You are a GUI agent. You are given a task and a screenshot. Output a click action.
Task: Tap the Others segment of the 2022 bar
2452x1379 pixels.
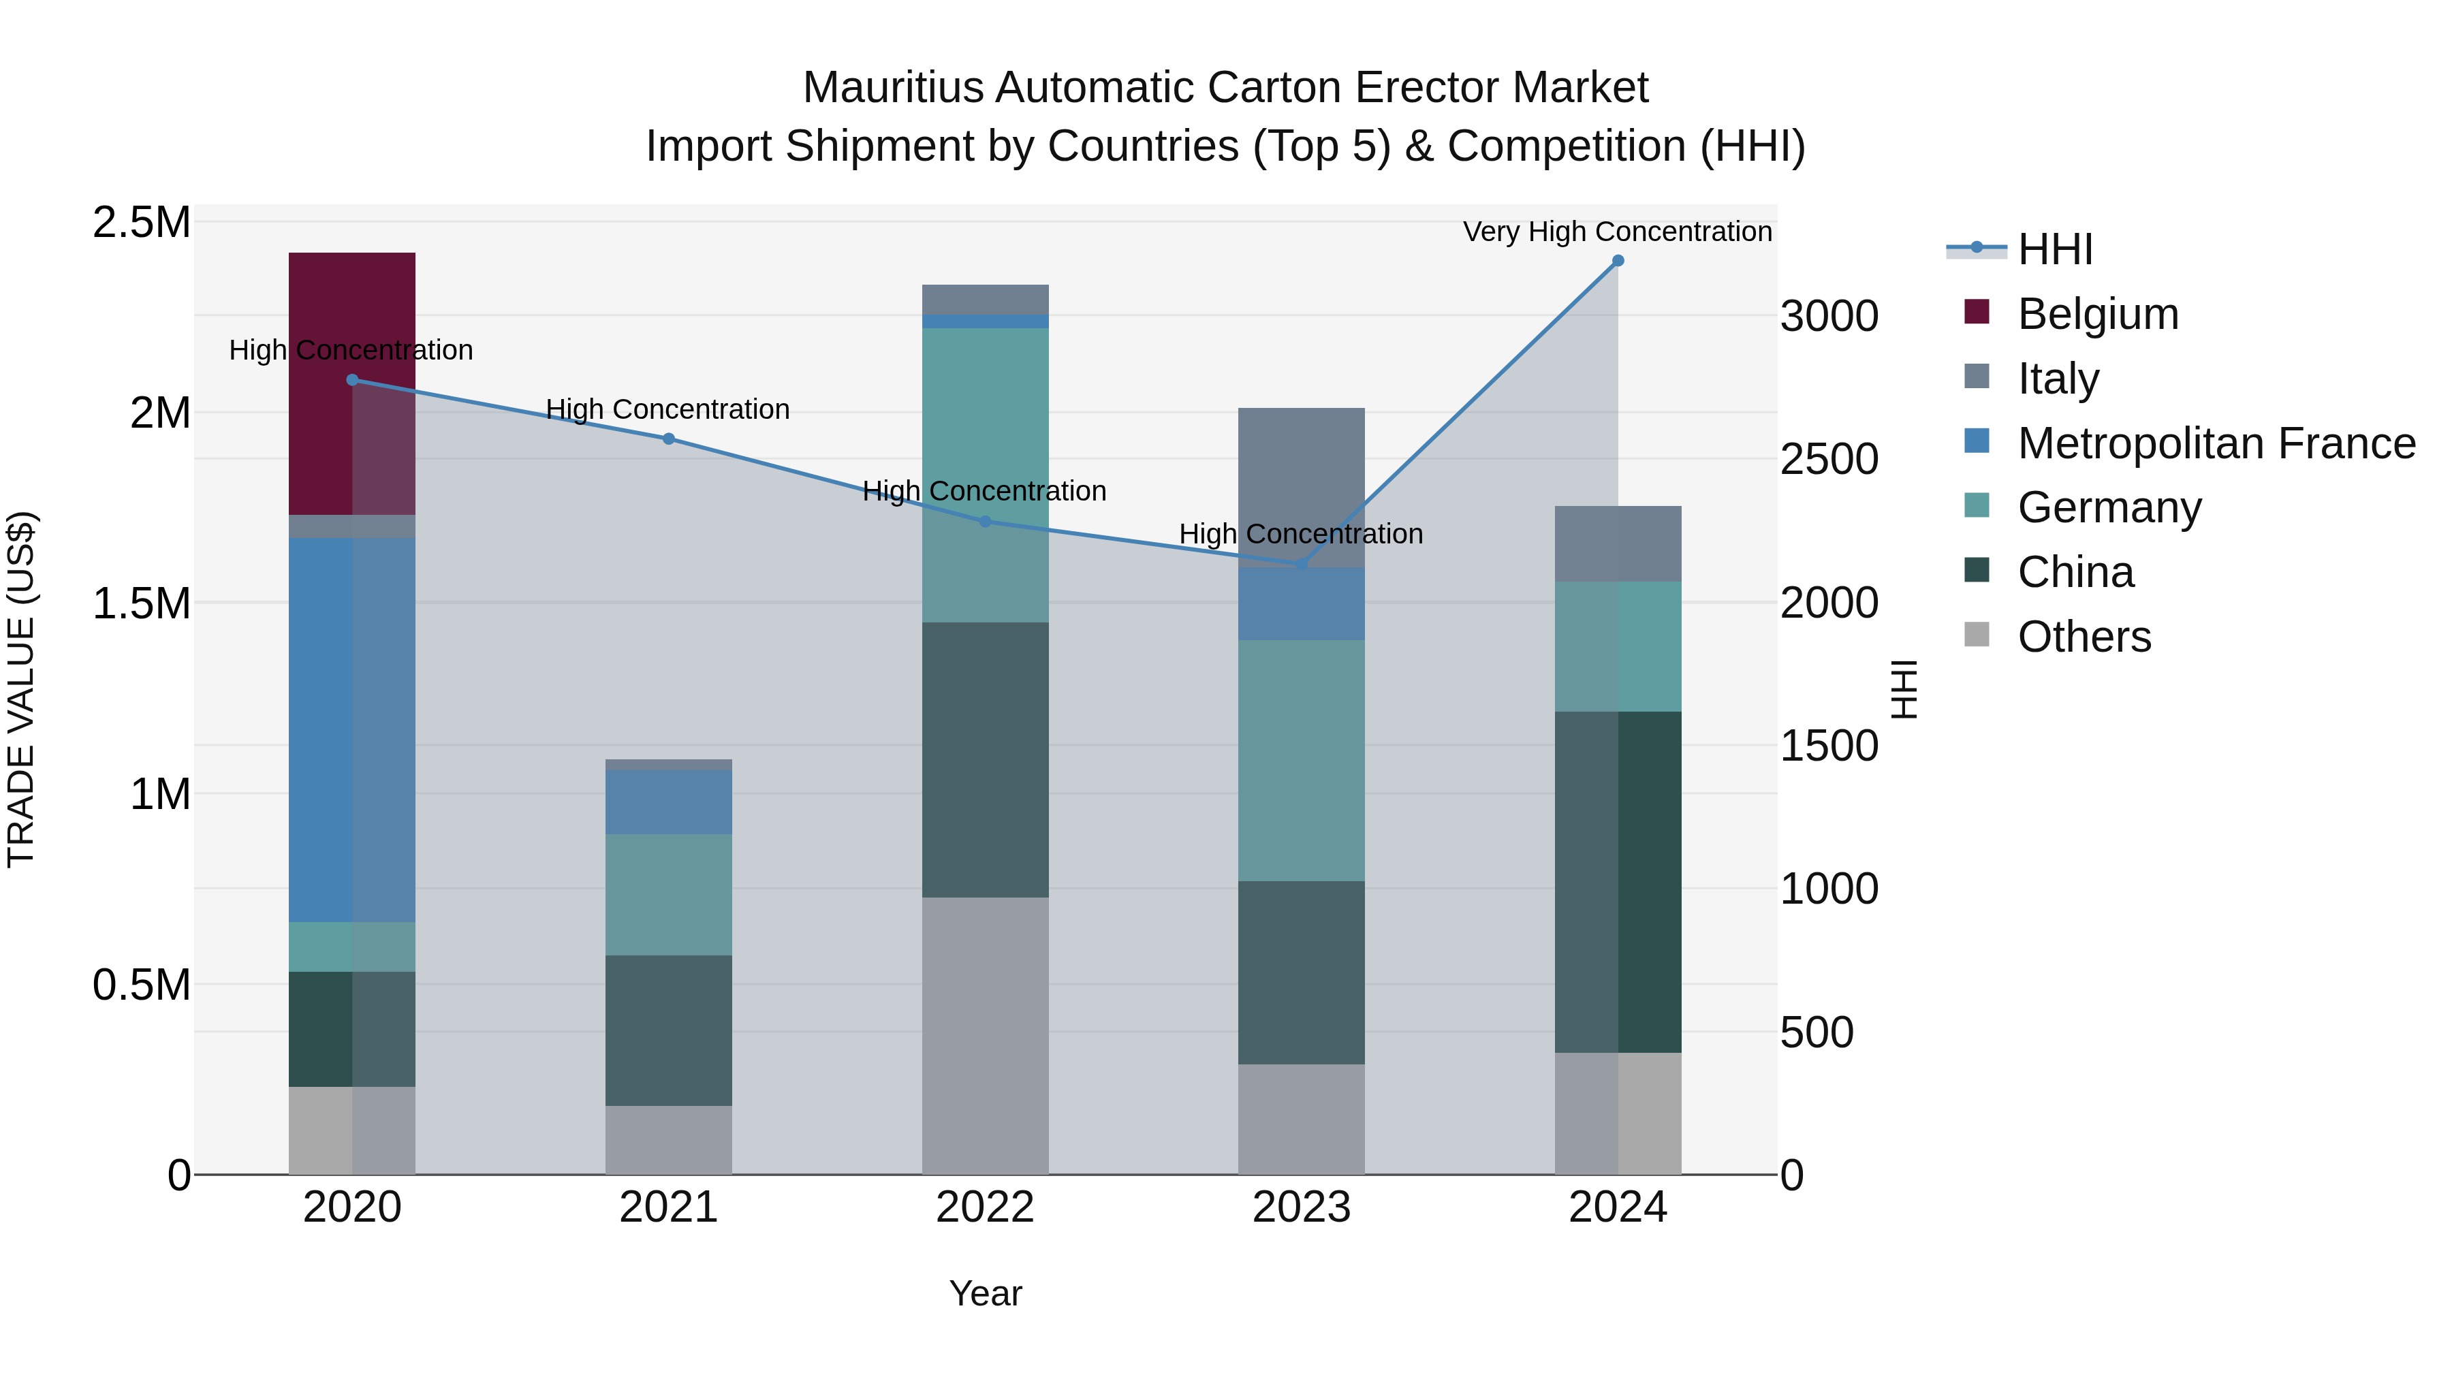coord(985,1035)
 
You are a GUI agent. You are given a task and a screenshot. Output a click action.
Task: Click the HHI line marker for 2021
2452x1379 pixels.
coord(668,439)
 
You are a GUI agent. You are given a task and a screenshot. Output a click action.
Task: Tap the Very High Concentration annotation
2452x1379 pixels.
coord(1616,232)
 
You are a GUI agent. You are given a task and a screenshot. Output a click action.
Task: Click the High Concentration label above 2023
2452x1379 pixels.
coord(1300,534)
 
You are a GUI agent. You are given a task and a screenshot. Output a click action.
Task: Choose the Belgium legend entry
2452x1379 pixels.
coord(2097,314)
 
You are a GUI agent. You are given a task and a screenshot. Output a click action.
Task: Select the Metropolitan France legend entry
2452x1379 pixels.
coord(2216,443)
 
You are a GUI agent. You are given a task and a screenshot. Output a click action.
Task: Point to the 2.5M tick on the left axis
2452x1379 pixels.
coord(141,223)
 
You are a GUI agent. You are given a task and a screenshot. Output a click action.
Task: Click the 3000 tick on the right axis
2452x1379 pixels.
coord(1829,316)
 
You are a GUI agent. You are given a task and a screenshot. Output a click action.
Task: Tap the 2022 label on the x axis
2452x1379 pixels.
coord(985,1207)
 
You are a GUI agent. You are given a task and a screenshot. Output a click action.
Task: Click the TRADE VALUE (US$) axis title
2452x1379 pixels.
coord(21,689)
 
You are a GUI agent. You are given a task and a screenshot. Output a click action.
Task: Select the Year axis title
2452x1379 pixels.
coord(985,1293)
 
